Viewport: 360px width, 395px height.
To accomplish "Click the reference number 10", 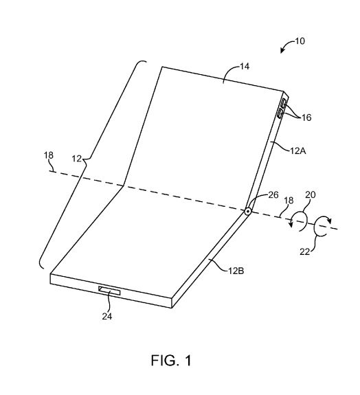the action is pos(300,41).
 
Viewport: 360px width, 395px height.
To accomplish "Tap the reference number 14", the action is pos(245,67).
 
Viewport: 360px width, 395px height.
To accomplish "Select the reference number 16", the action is pos(306,117).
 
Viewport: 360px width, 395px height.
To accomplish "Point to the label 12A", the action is pos(297,151).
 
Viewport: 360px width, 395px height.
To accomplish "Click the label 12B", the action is pos(236,271).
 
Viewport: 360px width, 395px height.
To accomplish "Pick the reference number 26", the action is pos(273,194).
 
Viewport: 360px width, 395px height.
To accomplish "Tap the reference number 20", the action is pos(311,194).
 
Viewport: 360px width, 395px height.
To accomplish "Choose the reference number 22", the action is pos(304,251).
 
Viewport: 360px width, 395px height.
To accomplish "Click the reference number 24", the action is pos(107,316).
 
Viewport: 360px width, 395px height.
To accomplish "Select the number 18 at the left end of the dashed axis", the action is pos(49,155).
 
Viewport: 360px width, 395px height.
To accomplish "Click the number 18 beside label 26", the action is pos(289,201).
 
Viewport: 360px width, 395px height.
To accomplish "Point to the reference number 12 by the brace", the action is pos(76,159).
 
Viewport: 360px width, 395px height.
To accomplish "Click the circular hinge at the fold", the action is pos(248,212).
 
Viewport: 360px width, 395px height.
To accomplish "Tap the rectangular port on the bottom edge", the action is pos(109,291).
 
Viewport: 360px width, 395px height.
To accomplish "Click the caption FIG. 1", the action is pos(171,360).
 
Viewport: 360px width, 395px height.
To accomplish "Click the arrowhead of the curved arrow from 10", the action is pos(282,51).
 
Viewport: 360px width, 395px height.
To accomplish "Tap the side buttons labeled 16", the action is pos(282,109).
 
